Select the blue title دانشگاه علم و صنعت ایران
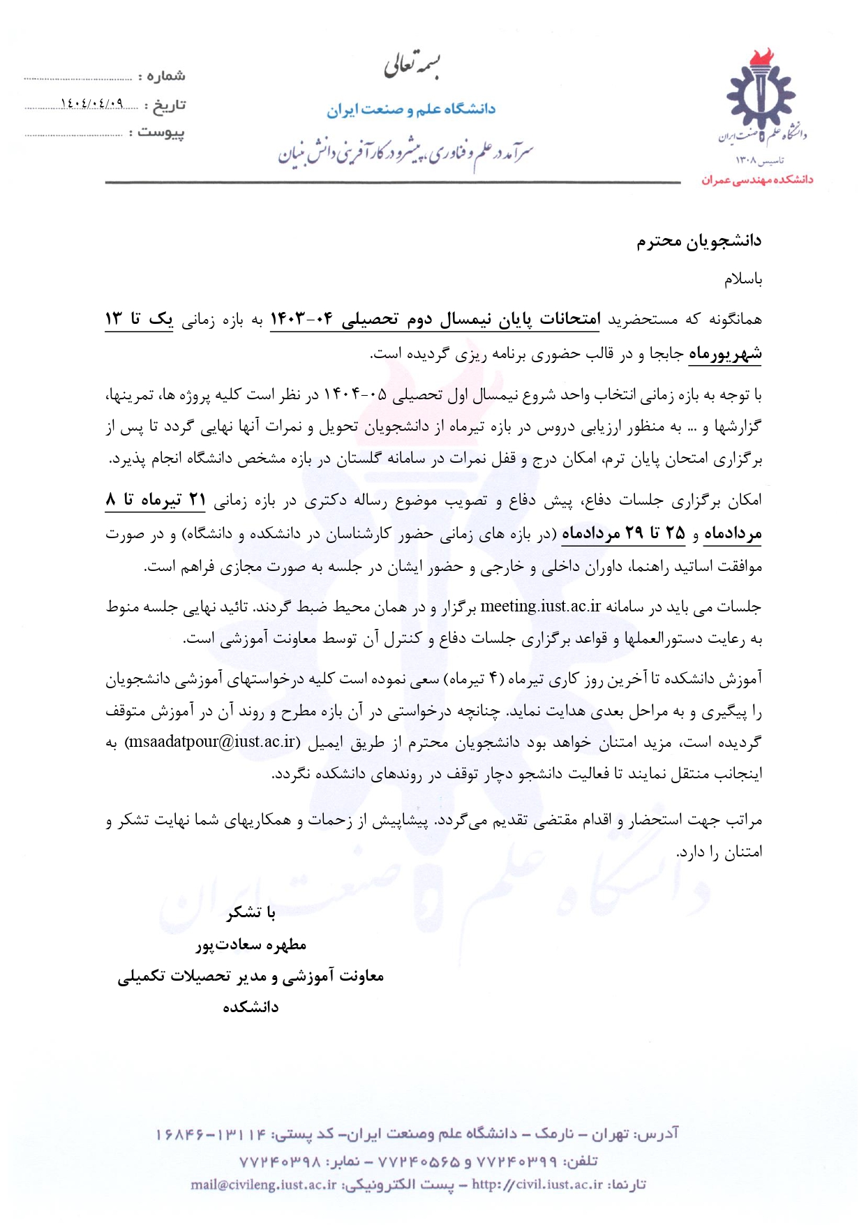[x=411, y=110]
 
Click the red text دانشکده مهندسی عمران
[x=757, y=180]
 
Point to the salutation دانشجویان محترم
[x=699, y=242]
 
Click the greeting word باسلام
[x=742, y=280]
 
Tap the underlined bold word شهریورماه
[x=725, y=354]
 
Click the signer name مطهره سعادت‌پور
[x=251, y=945]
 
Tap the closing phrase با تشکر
[x=251, y=912]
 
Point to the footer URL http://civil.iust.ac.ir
[x=537, y=1185]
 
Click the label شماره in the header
[x=166, y=75]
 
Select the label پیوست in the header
[x=161, y=132]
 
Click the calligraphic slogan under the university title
[x=405, y=154]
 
